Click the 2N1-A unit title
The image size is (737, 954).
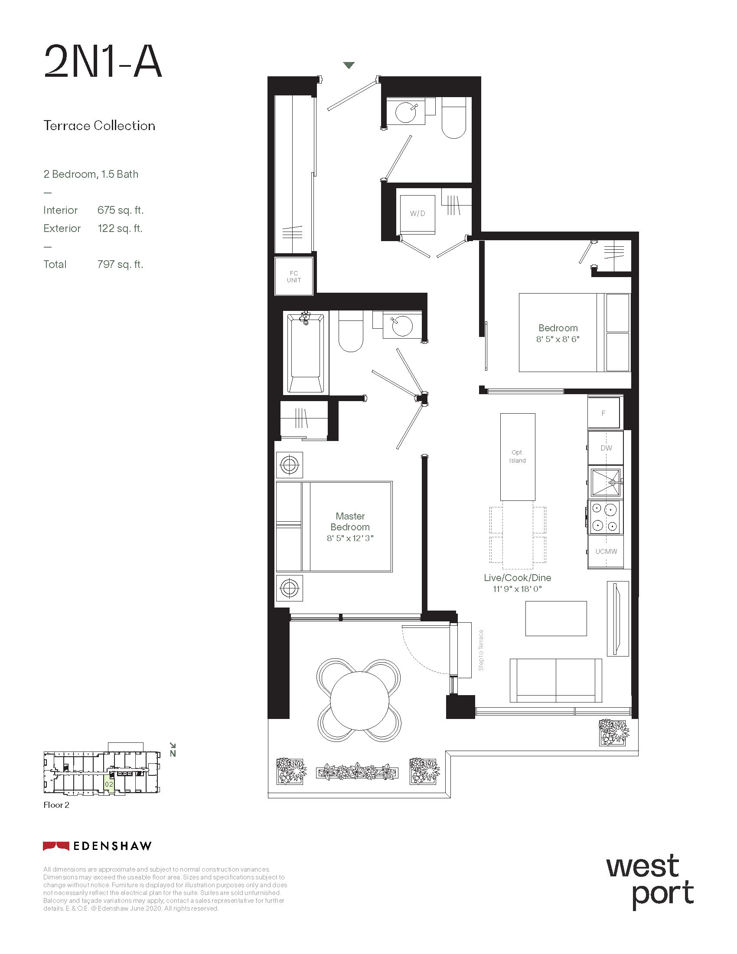coord(103,62)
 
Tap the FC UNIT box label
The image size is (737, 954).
coord(294,277)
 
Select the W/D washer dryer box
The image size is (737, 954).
coord(417,214)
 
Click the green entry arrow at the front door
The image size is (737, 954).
coord(349,65)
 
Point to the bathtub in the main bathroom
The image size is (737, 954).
coord(306,352)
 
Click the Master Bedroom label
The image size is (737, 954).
coord(350,522)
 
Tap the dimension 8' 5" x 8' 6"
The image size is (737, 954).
coord(558,339)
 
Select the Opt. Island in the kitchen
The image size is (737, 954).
coord(517,457)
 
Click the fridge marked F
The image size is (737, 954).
coord(603,413)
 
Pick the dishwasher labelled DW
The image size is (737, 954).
coord(606,448)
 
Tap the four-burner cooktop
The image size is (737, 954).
coord(605,517)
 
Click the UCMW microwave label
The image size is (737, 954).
coord(606,552)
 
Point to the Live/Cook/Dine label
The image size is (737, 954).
coord(517,578)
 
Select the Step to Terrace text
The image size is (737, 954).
coord(481,650)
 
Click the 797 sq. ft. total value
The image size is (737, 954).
coord(120,264)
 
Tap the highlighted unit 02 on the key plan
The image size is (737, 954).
coord(109,784)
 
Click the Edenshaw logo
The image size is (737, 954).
coord(97,846)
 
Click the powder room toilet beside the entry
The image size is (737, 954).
coord(454,118)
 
